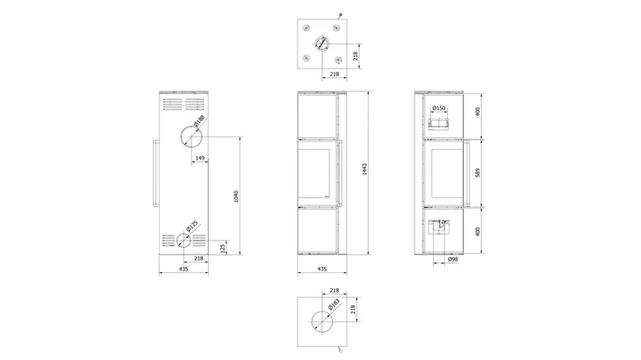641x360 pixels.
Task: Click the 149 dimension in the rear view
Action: pos(200,159)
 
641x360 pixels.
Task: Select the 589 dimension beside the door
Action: pos(477,172)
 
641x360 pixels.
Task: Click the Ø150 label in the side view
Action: pos(441,108)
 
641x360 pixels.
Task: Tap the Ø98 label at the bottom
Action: pos(453,260)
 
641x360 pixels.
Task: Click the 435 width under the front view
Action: pos(321,269)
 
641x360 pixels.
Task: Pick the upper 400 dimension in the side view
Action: pos(477,113)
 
